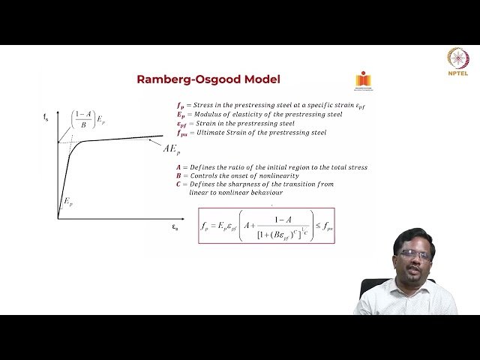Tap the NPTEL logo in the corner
[x=457, y=62]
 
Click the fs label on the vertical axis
[x=46, y=116]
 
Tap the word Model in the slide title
[x=261, y=79]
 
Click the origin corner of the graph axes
[x=58, y=218]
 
